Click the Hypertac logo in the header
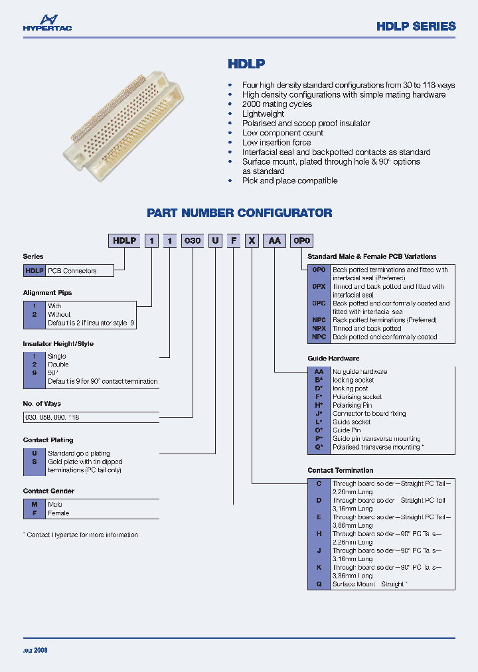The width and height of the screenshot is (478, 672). point(46,23)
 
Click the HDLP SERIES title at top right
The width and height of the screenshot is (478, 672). point(416,27)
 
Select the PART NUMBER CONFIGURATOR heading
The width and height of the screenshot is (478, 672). point(239,213)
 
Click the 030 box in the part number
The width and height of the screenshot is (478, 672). point(192,241)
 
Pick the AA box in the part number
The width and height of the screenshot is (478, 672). point(274,241)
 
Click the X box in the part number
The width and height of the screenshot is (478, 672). point(252,241)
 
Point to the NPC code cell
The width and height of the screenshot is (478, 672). point(319,337)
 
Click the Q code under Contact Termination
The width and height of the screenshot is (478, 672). point(319,584)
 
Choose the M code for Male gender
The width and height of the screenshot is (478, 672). point(34,505)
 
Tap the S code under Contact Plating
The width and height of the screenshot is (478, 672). point(34,462)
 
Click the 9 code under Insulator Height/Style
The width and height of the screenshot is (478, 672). point(34,373)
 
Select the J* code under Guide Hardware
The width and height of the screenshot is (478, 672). point(319,414)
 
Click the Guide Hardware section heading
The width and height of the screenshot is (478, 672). point(333,359)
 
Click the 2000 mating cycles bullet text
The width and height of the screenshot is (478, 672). point(277,104)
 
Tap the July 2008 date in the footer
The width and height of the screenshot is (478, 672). point(35,650)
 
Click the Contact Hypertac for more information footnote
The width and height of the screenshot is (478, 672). point(80,535)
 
